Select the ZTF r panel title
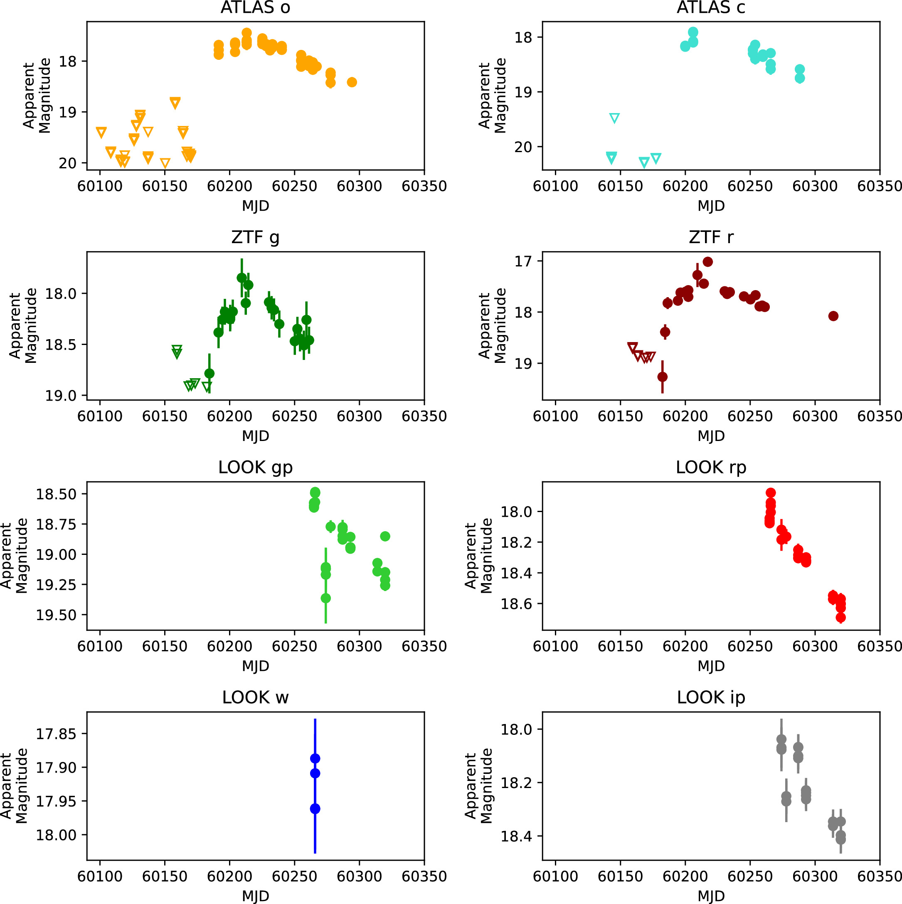click(x=711, y=237)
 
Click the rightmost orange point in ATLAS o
click(x=352, y=82)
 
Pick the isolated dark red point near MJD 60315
click(x=833, y=316)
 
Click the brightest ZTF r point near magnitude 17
click(x=708, y=262)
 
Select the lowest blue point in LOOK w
click(x=315, y=809)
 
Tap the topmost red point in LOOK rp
click(x=771, y=493)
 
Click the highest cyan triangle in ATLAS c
click(x=614, y=118)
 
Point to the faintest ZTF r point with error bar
click(x=663, y=377)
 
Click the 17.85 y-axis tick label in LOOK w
click(x=55, y=734)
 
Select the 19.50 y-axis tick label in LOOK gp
click(x=55, y=615)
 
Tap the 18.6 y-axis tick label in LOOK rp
click(x=516, y=603)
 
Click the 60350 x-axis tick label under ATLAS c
click(x=879, y=186)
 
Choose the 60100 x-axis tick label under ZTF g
click(x=100, y=416)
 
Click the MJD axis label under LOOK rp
click(x=711, y=665)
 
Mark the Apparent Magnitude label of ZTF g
click(x=23, y=326)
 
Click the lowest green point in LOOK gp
click(x=325, y=598)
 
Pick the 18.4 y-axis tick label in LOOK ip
click(x=516, y=836)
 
